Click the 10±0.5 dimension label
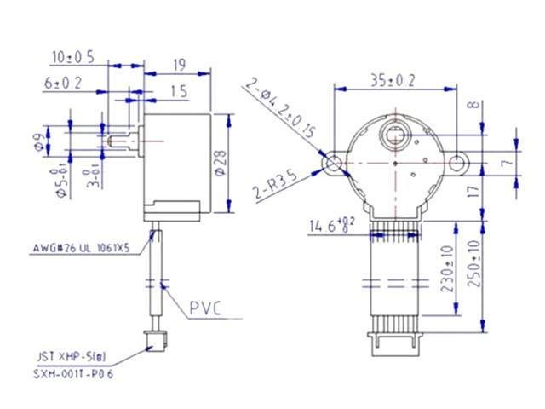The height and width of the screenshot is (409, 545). pyautogui.click(x=72, y=57)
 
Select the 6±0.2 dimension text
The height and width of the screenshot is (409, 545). pyautogui.click(x=63, y=83)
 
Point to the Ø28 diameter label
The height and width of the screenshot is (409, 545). pyautogui.click(x=221, y=162)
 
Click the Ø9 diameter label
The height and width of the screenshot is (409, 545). pyautogui.click(x=38, y=141)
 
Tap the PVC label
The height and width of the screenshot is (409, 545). pyautogui.click(x=205, y=308)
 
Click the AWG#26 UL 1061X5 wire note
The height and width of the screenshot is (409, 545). pyautogui.click(x=83, y=250)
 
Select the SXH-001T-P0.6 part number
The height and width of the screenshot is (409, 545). pyautogui.click(x=73, y=374)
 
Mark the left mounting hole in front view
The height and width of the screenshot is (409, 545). pyautogui.click(x=333, y=162)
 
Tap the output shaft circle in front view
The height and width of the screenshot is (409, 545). pyautogui.click(x=396, y=133)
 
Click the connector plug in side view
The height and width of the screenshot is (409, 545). pyautogui.click(x=154, y=342)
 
